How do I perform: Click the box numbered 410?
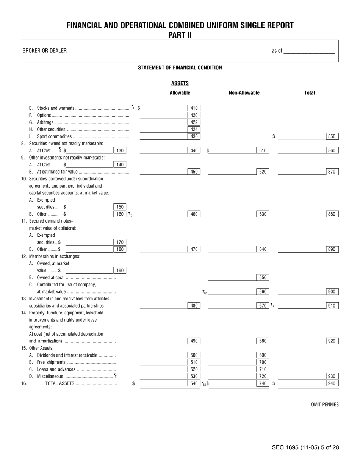(x=194, y=108)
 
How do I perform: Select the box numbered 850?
(x=332, y=136)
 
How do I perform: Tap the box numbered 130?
(x=120, y=150)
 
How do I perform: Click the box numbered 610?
(x=263, y=150)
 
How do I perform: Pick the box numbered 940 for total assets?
(x=332, y=383)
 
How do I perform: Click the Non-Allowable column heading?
(x=244, y=93)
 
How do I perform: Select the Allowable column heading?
(x=180, y=93)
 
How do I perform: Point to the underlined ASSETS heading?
(x=180, y=83)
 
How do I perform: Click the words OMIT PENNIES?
(x=325, y=405)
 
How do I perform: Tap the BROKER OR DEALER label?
(x=44, y=51)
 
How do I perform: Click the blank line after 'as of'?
(x=309, y=51)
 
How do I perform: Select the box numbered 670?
(x=263, y=305)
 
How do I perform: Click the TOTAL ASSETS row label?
(x=59, y=383)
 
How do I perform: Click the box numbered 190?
(x=120, y=270)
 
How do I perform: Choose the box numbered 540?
(x=194, y=383)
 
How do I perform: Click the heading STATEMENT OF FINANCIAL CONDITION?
(x=180, y=68)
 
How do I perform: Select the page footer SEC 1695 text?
(x=305, y=447)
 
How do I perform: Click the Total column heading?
(x=309, y=93)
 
